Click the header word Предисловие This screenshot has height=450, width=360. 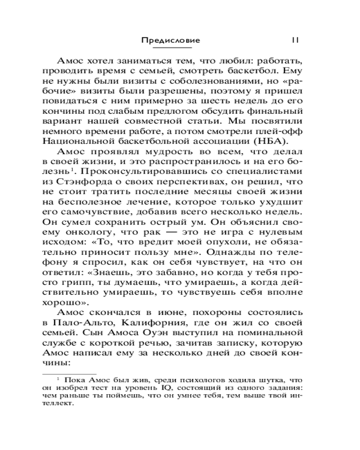171,40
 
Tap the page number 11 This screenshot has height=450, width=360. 295,40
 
